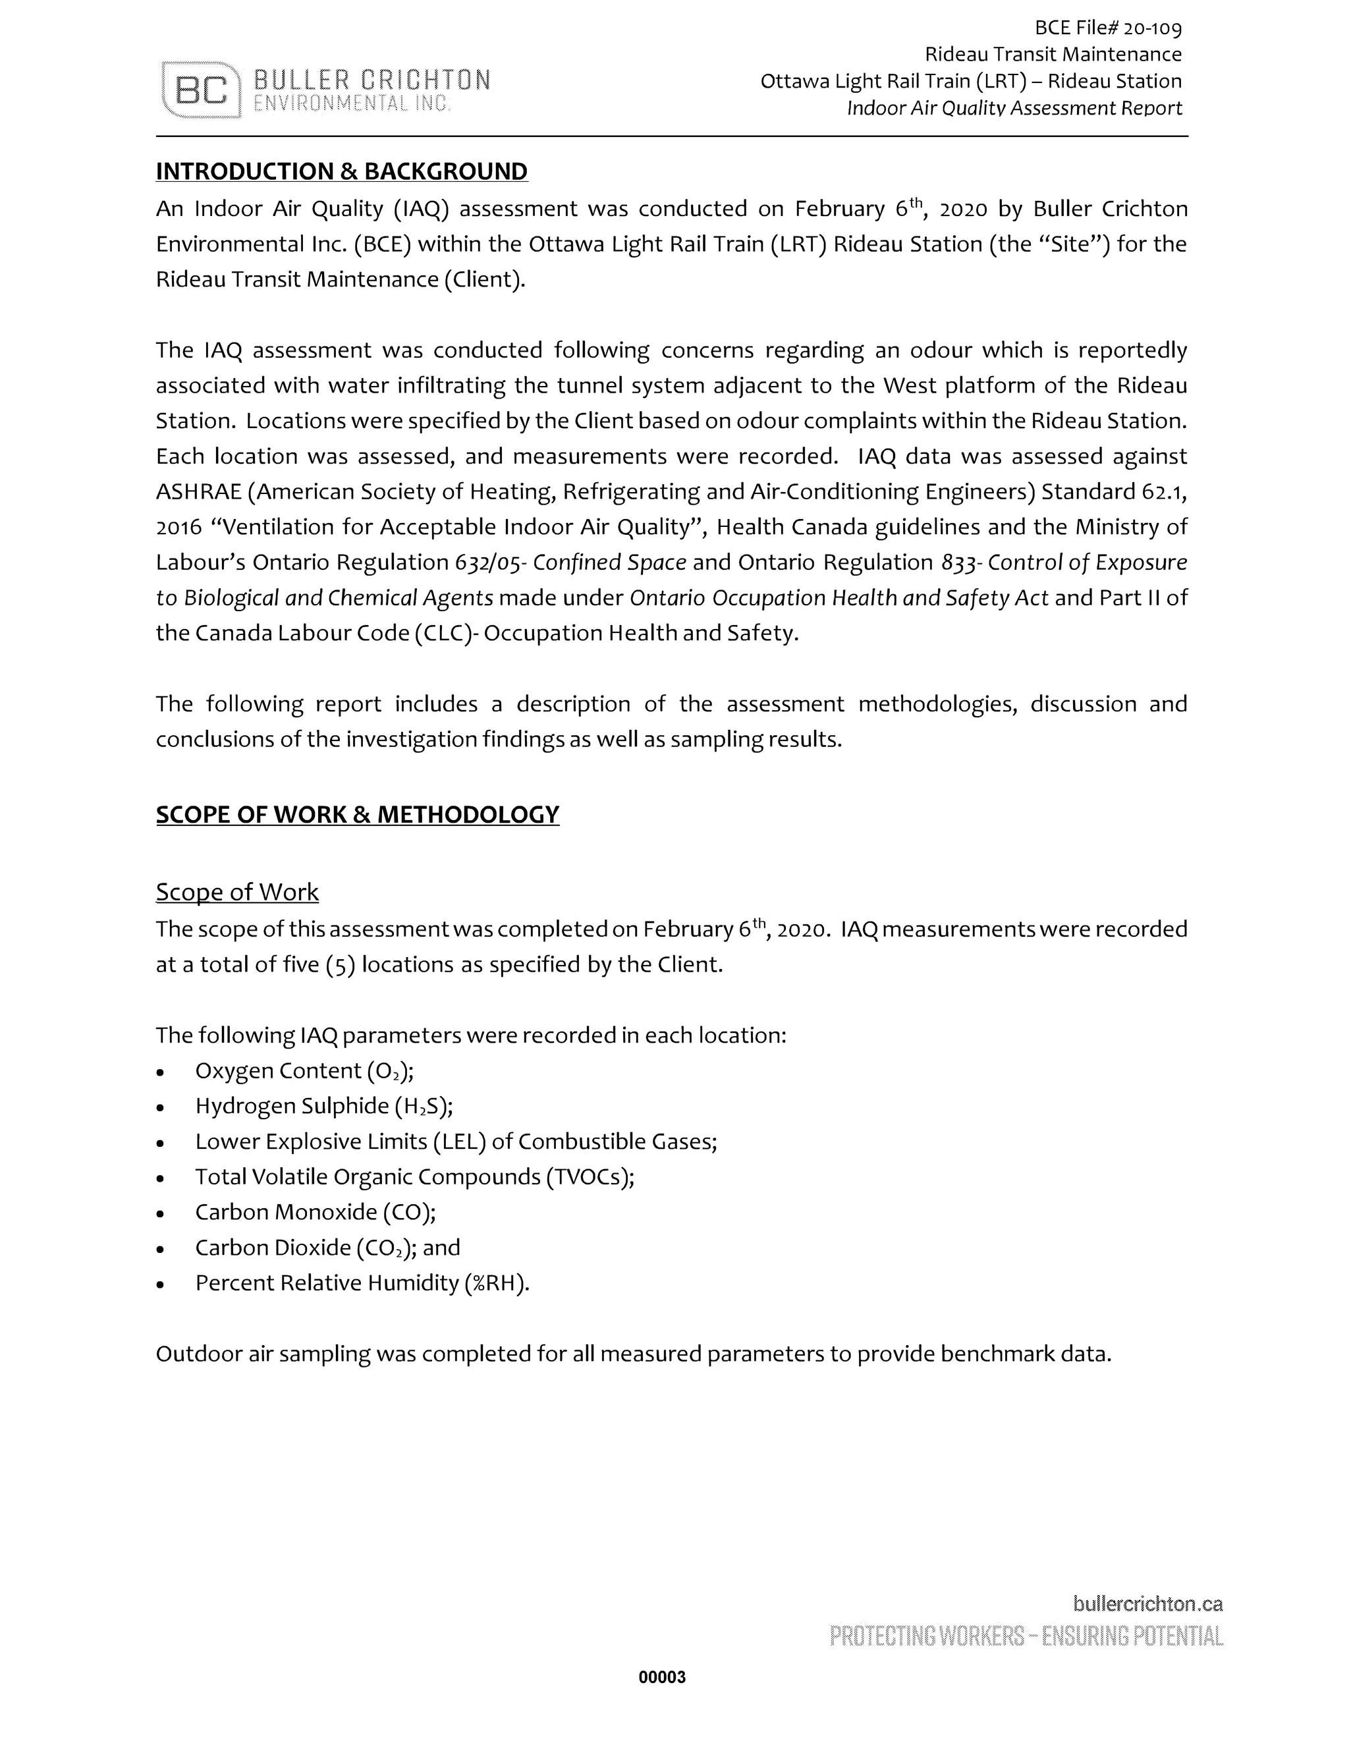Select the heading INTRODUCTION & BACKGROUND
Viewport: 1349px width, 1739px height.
point(342,171)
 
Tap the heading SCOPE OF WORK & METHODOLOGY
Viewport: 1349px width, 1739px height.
point(358,815)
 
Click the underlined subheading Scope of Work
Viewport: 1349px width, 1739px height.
point(237,892)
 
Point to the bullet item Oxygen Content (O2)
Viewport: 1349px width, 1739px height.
point(304,1071)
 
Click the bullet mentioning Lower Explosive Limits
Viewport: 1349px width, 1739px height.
point(456,1142)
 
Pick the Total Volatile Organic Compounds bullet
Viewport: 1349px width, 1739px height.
point(414,1177)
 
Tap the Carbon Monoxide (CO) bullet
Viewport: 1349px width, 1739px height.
point(316,1212)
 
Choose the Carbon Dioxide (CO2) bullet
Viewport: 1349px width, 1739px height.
point(327,1248)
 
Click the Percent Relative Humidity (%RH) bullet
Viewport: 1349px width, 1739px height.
point(362,1283)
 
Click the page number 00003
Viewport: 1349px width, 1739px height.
point(662,1678)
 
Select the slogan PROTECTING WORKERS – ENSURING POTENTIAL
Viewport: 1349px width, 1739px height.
point(1026,1636)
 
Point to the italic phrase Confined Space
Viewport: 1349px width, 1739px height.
point(609,563)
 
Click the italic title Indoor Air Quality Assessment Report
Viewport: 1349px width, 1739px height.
point(1014,108)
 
